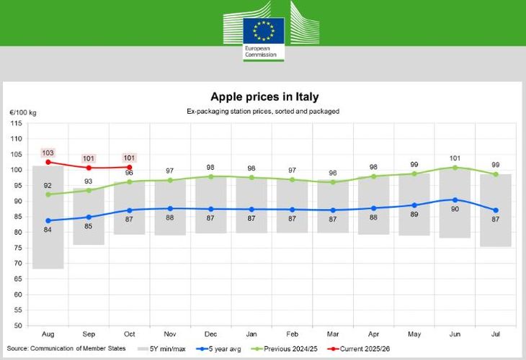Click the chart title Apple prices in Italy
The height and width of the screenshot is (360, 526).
tap(264, 96)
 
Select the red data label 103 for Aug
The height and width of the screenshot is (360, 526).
tap(48, 153)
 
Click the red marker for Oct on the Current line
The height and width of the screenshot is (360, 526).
tap(129, 167)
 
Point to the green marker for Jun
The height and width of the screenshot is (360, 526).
tap(454, 168)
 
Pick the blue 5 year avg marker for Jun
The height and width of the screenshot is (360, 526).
tap(454, 199)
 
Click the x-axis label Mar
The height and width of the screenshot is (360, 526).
tap(334, 336)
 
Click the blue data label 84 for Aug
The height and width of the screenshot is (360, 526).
tap(48, 230)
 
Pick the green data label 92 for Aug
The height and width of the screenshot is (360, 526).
tap(48, 184)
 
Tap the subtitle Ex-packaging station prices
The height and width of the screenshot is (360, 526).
tap(264, 112)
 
